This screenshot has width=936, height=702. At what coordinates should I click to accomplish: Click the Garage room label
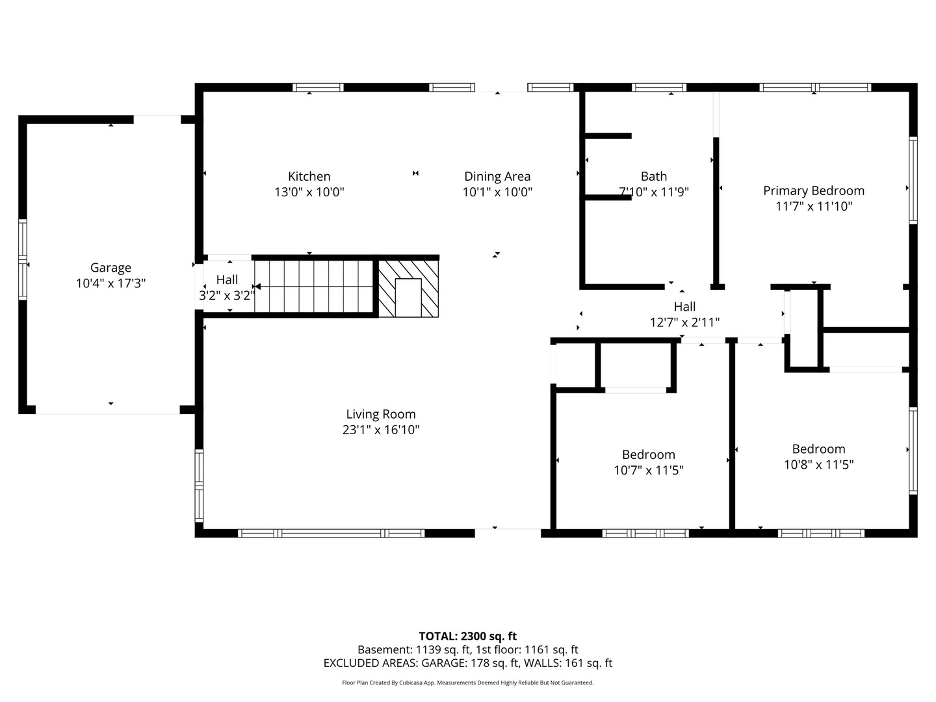pos(110,268)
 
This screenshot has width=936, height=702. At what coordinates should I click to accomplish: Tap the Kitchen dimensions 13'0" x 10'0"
pos(309,192)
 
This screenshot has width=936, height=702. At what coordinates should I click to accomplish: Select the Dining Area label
pos(497,176)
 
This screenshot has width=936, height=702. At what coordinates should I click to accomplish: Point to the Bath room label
pos(654,176)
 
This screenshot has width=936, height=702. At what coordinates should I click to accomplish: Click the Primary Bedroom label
pos(814,191)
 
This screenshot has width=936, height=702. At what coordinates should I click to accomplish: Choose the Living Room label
pos(381,414)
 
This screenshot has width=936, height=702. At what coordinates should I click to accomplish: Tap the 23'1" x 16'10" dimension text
pos(381,430)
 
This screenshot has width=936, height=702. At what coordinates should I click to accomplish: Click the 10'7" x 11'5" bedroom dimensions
pos(648,470)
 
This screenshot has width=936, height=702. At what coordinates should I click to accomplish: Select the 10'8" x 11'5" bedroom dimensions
pos(819,465)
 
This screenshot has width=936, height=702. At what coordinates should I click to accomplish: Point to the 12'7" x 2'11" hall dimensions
pos(684,322)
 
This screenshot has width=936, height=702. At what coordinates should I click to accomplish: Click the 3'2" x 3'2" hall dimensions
pos(227,295)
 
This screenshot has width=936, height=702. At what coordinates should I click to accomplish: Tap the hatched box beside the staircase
pos(408,289)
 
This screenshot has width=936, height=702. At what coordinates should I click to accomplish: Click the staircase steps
pos(314,287)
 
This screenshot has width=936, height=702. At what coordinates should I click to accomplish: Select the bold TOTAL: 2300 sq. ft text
pos(468,636)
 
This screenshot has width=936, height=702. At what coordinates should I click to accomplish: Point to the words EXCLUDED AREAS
pos(370,663)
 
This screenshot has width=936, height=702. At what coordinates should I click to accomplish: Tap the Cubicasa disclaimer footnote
pos(468,682)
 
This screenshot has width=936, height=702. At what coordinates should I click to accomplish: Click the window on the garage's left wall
pos(23,259)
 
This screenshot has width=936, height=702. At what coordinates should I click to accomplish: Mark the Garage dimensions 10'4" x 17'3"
pos(111,283)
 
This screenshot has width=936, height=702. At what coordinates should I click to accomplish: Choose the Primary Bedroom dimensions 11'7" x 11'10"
pos(814,206)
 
